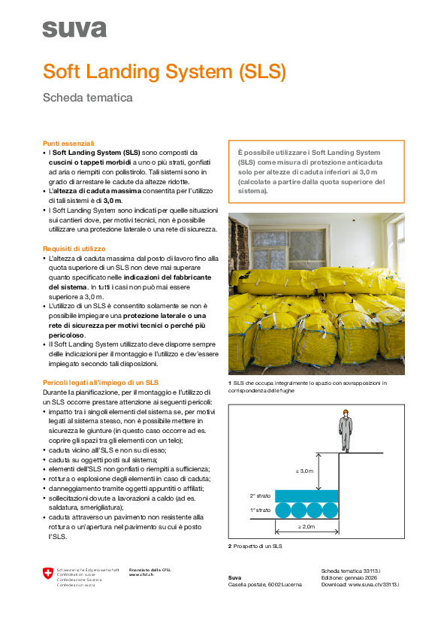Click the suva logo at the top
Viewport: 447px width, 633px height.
click(74, 29)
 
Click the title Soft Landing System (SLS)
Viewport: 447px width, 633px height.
click(165, 71)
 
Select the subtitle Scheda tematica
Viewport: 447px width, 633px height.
click(87, 98)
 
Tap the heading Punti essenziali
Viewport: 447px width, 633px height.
click(68, 142)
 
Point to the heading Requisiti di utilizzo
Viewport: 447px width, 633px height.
click(74, 248)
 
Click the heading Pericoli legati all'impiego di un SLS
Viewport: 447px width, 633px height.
click(100, 383)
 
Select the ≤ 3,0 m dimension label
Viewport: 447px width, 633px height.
click(305, 471)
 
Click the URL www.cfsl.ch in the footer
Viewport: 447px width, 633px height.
click(142, 575)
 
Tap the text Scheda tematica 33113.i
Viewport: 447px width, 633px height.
click(351, 571)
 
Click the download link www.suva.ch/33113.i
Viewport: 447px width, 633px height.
click(373, 584)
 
